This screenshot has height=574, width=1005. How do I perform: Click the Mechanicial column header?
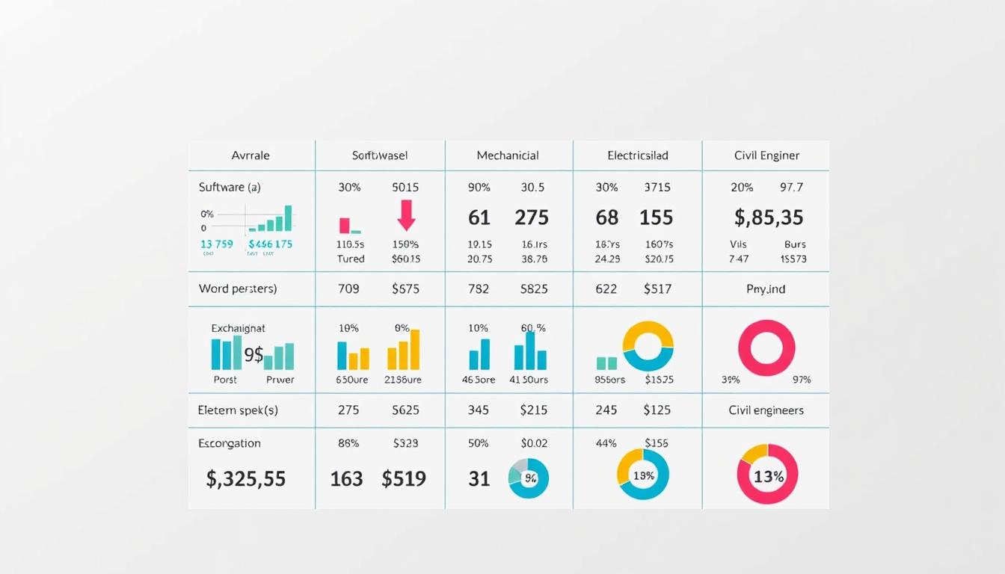point(508,155)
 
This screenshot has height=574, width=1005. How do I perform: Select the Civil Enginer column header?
point(766,155)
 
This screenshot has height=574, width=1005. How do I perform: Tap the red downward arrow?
point(406,215)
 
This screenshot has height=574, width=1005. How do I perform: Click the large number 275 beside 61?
point(532,217)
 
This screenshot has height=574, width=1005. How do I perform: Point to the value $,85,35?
point(768,217)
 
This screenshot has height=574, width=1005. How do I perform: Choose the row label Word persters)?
point(238,288)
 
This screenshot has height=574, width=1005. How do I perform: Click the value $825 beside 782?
point(534,288)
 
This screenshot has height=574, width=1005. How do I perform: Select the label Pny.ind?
point(766,288)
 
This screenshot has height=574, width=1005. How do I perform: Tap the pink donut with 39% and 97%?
point(766,348)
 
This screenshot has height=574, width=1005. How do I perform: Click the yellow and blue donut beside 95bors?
point(648,347)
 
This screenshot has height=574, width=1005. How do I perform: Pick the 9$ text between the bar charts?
point(253,355)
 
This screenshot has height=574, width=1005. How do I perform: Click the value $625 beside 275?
point(405,410)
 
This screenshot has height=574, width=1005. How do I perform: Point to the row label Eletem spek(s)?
point(238,410)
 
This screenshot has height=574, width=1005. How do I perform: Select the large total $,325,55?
point(245,478)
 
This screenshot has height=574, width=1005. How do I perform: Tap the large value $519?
point(404,478)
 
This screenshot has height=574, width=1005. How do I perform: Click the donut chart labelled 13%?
point(767,475)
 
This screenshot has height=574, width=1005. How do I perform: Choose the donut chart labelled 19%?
point(643,475)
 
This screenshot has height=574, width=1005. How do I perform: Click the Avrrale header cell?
point(251,155)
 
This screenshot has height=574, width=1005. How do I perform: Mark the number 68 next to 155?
point(606,217)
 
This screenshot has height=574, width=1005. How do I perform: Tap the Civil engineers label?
point(766,410)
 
